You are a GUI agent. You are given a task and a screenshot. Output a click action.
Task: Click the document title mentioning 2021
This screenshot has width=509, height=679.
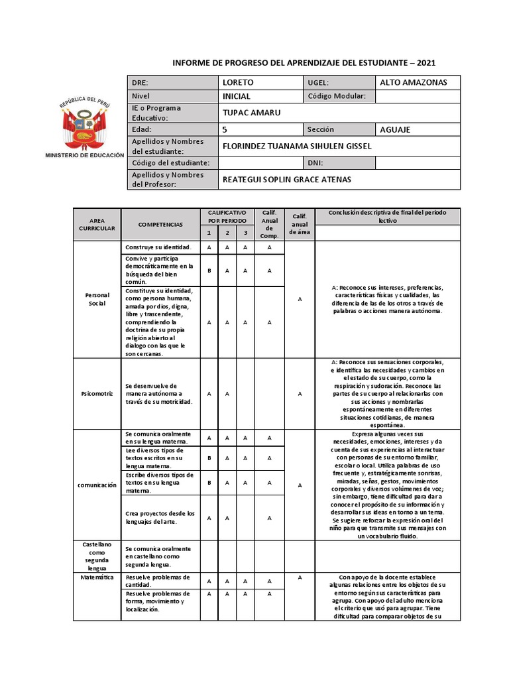[304, 63]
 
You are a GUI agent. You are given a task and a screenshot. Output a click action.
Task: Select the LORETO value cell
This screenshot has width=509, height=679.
[238, 83]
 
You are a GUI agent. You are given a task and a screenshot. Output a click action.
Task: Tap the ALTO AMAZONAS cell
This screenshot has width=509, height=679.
[413, 83]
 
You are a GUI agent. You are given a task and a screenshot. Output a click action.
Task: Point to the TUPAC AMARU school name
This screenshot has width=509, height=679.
[251, 113]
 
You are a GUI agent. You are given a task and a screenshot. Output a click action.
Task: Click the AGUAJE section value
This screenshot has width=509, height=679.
[395, 129]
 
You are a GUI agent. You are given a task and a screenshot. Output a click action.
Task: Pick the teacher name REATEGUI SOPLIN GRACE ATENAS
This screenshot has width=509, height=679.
[286, 180]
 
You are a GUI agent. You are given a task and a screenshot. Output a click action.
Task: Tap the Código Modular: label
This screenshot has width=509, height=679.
[337, 96]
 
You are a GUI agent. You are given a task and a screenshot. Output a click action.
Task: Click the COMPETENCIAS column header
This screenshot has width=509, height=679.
[160, 225]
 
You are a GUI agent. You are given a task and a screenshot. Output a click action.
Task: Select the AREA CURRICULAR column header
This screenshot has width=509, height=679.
[97, 225]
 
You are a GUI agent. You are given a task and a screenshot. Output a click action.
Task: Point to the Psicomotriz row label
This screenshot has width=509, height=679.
[97, 393]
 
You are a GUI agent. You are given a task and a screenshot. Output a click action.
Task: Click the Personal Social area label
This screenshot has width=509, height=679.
[97, 299]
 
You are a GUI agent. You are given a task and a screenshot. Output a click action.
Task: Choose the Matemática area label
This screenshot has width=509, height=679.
[97, 578]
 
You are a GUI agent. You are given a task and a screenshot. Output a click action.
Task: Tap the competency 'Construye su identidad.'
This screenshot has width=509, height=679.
[158, 247]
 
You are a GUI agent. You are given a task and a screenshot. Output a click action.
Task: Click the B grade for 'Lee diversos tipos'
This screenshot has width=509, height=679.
[209, 458]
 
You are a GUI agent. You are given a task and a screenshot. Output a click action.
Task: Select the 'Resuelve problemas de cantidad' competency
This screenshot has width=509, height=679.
[158, 581]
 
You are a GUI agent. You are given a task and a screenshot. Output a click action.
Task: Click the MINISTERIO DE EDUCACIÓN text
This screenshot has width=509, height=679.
[84, 155]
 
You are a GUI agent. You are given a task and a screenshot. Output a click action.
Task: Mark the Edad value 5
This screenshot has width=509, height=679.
[225, 129]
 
